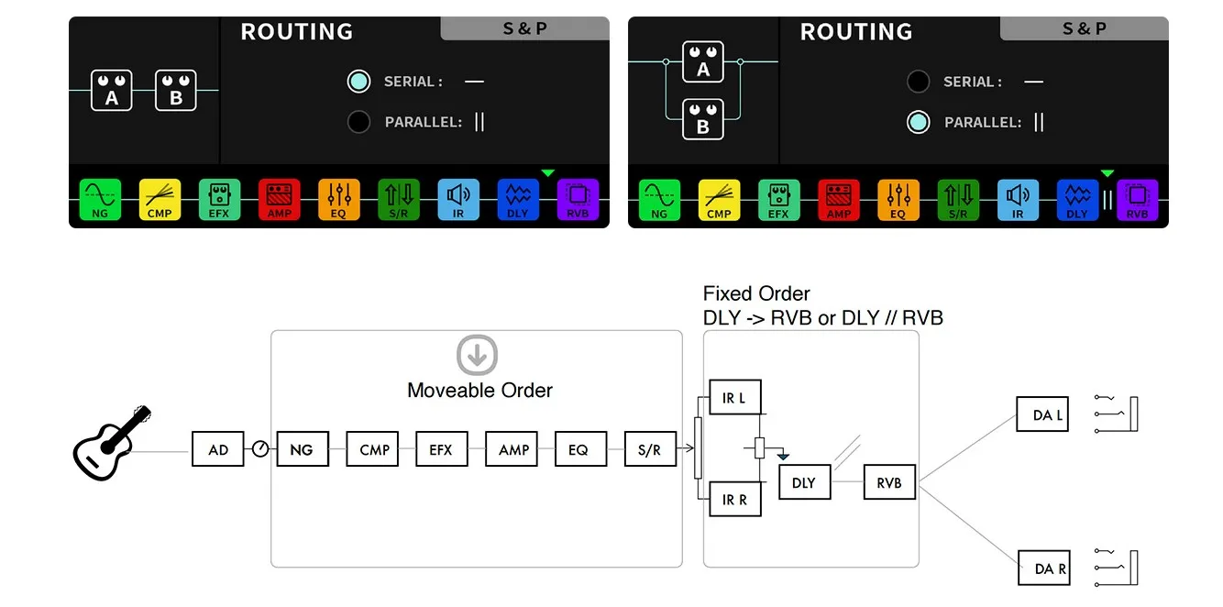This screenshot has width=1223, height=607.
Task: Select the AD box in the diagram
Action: [x=218, y=449]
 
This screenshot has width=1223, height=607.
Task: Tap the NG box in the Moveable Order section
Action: [x=302, y=449]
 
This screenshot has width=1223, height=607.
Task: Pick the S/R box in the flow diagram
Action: [x=649, y=449]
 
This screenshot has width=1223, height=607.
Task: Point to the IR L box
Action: [x=734, y=398]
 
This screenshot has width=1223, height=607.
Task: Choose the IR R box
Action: [x=734, y=500]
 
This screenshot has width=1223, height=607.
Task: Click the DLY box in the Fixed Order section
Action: [x=804, y=482]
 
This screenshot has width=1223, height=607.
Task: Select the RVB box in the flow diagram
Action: [x=889, y=482]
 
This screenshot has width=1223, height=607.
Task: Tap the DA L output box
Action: [x=1043, y=414]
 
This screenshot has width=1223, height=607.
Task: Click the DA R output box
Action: [x=1043, y=568]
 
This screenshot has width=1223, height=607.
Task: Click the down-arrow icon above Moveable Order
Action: [x=477, y=356]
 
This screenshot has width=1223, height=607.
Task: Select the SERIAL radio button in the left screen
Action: [x=358, y=82]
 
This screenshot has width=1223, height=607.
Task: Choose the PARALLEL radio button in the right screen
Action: [x=918, y=122]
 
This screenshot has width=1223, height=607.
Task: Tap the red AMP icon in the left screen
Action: [x=279, y=199]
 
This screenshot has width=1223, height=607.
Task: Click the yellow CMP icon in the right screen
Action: [x=719, y=199]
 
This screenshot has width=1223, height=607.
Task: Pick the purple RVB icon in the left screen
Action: [x=578, y=199]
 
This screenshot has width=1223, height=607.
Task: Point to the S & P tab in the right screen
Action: [x=1084, y=28]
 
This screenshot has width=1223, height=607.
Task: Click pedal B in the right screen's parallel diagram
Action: [x=703, y=118]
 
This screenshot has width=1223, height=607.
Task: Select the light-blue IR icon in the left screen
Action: [x=458, y=199]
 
